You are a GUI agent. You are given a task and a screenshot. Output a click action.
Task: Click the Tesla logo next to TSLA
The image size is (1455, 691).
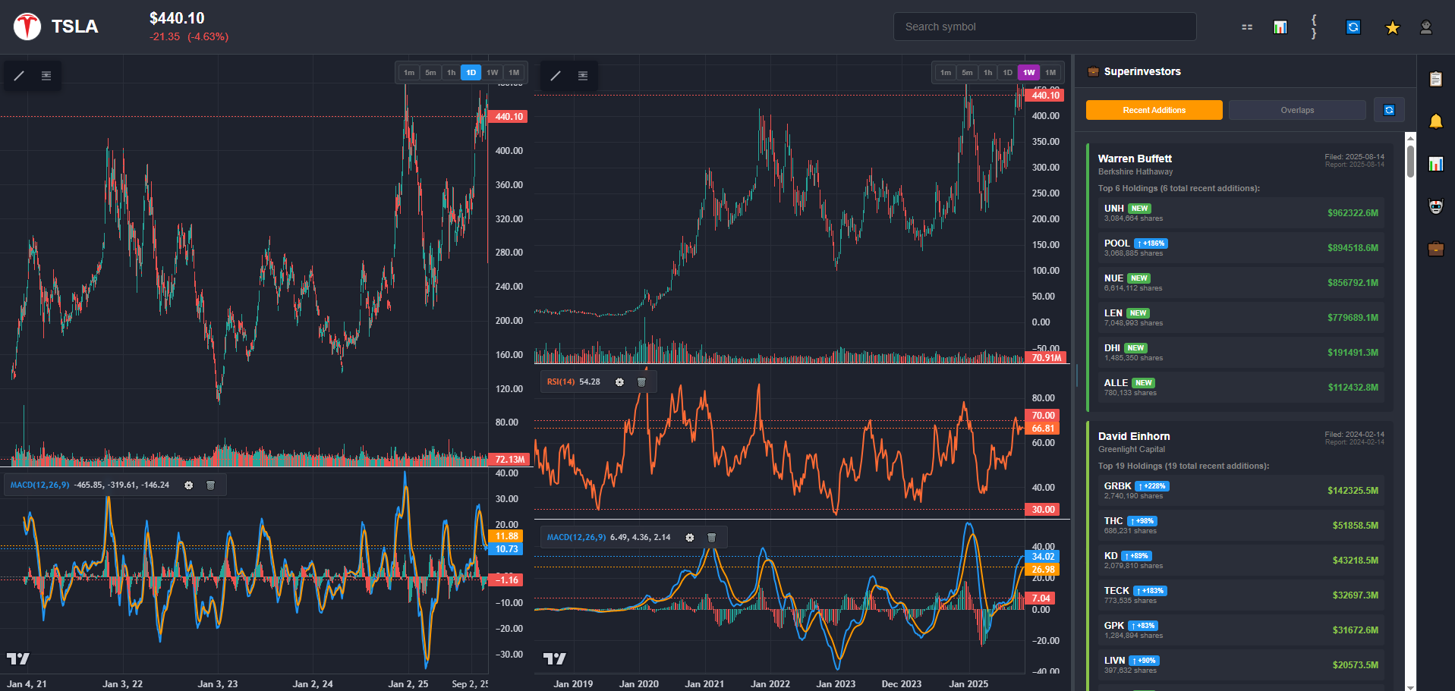point(27,27)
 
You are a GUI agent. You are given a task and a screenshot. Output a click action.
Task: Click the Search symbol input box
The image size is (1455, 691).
point(1044,27)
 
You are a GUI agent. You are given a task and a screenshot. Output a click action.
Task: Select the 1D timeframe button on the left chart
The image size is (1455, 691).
point(471,73)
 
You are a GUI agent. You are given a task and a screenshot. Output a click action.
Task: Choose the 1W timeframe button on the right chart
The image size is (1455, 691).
point(1028,73)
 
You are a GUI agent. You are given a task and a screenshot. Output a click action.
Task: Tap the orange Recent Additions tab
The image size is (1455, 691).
point(1154,110)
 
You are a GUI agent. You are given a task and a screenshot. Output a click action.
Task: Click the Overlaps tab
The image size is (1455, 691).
point(1297,110)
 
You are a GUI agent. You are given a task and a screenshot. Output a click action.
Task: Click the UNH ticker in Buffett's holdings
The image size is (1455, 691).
point(1113,209)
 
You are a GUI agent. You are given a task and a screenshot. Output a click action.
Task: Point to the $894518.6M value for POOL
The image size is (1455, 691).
point(1353,248)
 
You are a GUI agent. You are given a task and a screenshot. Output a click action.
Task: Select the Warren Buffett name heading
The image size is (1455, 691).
point(1135,159)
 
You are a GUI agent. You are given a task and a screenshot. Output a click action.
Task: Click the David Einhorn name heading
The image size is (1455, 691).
point(1134,436)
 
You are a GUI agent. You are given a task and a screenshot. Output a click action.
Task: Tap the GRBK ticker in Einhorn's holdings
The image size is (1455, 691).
point(1117,486)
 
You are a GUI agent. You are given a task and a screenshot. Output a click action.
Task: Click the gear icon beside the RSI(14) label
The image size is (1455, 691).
point(619,382)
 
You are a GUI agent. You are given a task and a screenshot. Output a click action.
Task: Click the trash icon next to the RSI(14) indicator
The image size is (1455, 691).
point(641,382)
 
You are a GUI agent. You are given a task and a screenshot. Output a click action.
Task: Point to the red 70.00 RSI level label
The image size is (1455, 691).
point(1044,416)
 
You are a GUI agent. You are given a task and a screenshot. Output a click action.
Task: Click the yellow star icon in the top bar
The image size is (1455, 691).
point(1392,28)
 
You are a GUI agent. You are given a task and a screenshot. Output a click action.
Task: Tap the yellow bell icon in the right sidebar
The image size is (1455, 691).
point(1435,122)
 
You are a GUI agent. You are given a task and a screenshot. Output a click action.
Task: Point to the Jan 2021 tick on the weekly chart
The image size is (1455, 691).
point(704,683)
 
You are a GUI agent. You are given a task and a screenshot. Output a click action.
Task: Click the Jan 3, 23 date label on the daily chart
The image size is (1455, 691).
point(218,683)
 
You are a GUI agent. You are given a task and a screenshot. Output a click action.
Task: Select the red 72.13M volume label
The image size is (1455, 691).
point(510,460)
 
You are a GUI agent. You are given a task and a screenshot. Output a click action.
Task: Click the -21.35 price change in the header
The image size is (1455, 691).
point(165,36)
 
